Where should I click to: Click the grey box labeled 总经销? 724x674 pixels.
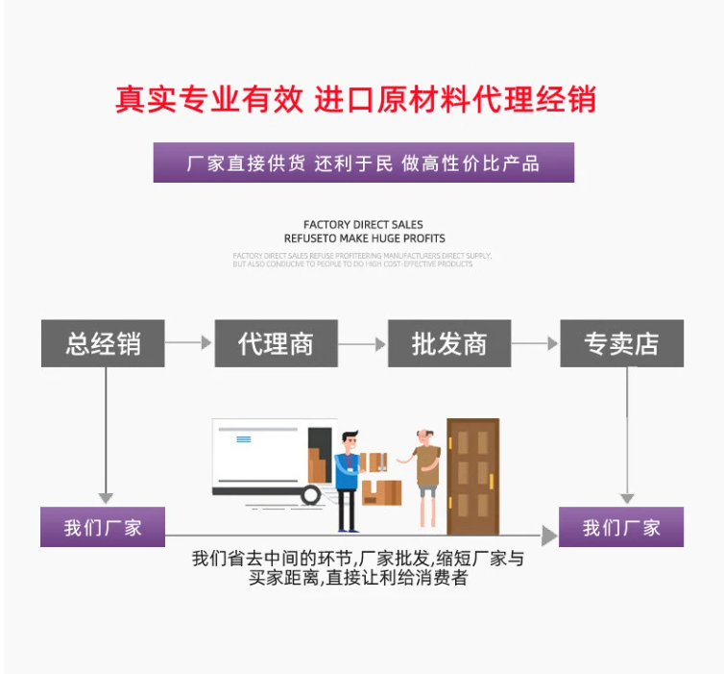(x=103, y=343)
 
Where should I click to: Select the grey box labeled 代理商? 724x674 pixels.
(x=276, y=343)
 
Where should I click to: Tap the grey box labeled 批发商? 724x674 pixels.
(x=449, y=343)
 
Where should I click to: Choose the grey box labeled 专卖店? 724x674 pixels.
(x=621, y=343)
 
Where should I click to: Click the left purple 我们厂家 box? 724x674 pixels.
(x=103, y=527)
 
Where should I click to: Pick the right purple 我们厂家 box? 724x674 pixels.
(x=621, y=527)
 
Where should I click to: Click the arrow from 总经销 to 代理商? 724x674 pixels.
(x=189, y=343)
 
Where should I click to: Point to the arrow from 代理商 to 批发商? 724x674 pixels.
(x=362, y=343)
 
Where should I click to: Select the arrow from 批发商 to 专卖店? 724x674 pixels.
(x=535, y=343)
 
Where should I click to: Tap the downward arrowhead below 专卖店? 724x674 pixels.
(x=627, y=496)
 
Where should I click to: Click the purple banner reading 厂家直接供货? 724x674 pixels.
(x=363, y=162)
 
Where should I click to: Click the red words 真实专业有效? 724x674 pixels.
(x=208, y=100)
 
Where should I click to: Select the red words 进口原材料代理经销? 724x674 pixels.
(x=455, y=100)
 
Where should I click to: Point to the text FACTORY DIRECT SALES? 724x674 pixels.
(x=363, y=224)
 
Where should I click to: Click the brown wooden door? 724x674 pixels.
(x=472, y=476)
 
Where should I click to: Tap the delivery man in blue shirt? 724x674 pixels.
(x=347, y=478)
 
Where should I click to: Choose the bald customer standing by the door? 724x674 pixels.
(x=426, y=476)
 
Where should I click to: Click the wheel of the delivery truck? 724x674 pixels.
(x=310, y=494)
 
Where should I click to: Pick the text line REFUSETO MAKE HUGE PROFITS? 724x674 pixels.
(x=364, y=237)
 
